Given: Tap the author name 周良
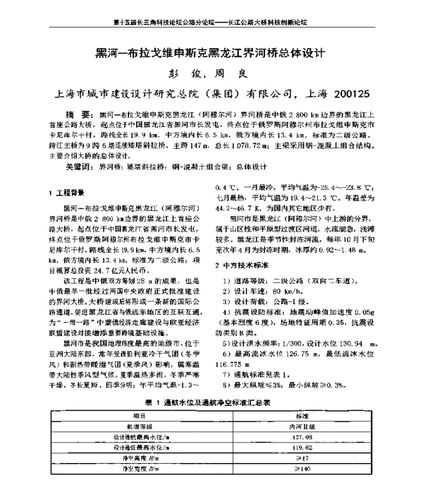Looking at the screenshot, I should [238, 73].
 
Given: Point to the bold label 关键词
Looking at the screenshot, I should [80, 167].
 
